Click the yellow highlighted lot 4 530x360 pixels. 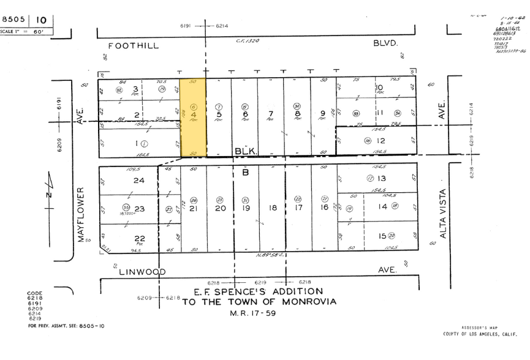193,116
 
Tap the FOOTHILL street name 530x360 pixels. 134,45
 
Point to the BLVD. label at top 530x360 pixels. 386,43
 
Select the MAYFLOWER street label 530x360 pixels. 80,214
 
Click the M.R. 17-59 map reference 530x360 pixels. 260,313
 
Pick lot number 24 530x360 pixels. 138,180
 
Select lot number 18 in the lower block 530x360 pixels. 273,208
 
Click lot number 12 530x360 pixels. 380,141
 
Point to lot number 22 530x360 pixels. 139,238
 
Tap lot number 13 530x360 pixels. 382,178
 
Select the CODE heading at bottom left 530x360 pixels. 35,294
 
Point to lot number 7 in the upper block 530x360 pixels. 270,114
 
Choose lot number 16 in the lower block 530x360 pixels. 324,208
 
